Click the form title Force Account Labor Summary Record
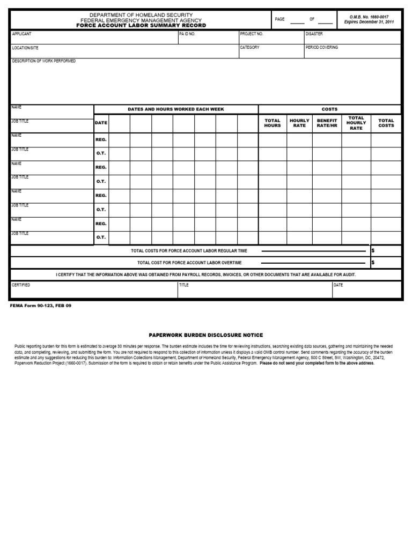[x=140, y=25]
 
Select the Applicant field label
[x=22, y=34]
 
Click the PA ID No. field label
[x=187, y=34]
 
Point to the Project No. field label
[x=252, y=34]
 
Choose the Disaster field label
[x=314, y=34]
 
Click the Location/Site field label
[x=26, y=48]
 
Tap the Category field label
[x=250, y=47]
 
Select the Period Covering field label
[x=322, y=47]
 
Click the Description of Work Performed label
[x=44, y=61]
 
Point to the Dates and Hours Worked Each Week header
[x=176, y=109]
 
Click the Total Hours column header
[x=273, y=123]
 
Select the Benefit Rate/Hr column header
[x=327, y=123]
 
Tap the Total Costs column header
[x=386, y=123]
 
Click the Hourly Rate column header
[x=300, y=123]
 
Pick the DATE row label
[x=101, y=123]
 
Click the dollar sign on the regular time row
[x=373, y=250]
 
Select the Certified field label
[x=21, y=285]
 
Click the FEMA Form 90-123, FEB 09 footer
[x=41, y=305]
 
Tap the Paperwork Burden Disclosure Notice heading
[x=206, y=335]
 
